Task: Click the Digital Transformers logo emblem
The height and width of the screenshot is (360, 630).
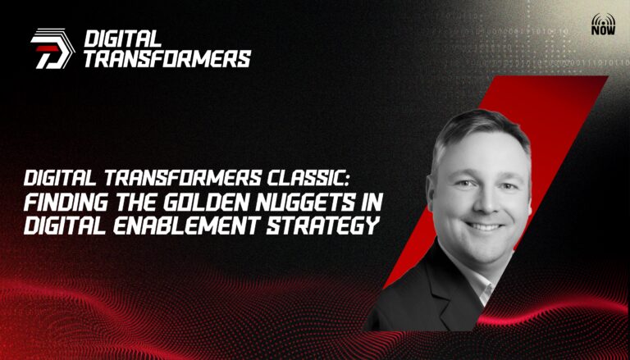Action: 52,48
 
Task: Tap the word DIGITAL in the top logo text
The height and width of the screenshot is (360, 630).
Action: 122,39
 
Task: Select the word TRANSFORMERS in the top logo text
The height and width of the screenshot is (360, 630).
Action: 167,59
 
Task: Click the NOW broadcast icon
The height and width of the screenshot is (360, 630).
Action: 603,24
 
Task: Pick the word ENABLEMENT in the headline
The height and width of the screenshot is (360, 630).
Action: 185,226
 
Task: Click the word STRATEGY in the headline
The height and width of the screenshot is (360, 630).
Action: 323,226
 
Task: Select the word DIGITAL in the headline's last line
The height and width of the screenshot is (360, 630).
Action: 66,226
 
